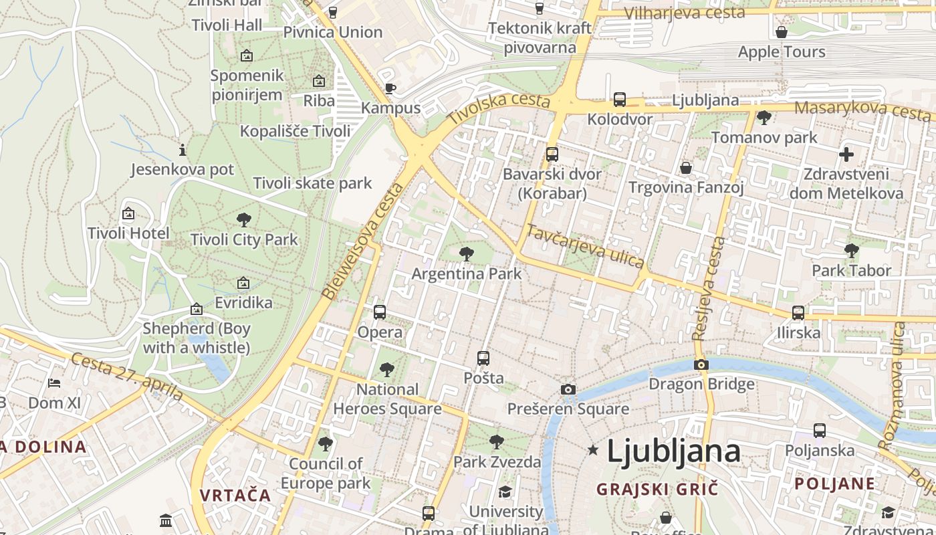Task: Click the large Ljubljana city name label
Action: (673, 451)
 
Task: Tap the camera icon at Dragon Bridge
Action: (701, 364)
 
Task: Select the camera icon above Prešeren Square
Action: (568, 389)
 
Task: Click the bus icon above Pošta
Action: (483, 358)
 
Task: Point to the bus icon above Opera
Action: (380, 312)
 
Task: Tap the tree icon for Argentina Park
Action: (467, 254)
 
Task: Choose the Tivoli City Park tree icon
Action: (244, 219)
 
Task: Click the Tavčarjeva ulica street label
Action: (584, 246)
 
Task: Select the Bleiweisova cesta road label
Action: (364, 241)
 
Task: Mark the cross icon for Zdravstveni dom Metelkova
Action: (846, 154)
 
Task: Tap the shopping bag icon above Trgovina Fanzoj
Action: (686, 167)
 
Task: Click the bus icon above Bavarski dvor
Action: (552, 154)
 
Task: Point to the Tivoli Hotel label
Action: (128, 233)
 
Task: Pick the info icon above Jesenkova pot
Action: (183, 150)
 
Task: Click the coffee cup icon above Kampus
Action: (390, 88)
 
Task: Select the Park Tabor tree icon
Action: (851, 251)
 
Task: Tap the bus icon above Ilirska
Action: (798, 312)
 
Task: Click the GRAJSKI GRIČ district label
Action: (657, 489)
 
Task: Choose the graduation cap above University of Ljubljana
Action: (505, 492)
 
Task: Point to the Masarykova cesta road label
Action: (862, 110)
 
